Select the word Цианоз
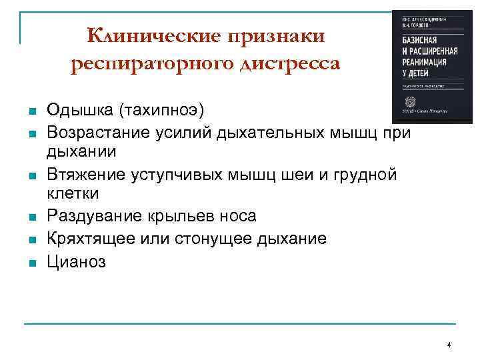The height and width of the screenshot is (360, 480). (x=76, y=261)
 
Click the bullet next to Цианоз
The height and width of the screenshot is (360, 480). (x=31, y=262)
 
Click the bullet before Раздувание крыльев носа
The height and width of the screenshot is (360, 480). (x=31, y=218)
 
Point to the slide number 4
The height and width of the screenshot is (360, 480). (x=449, y=345)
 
